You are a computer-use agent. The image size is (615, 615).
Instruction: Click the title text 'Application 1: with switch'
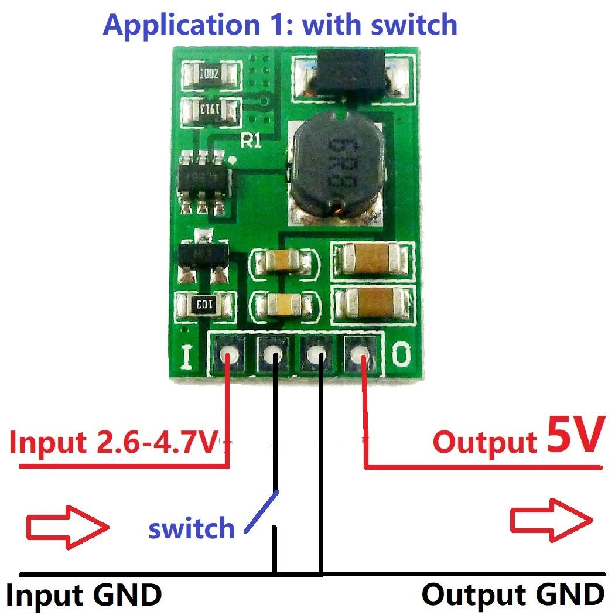[279, 25]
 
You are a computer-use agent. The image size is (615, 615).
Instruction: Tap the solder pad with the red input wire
[228, 354]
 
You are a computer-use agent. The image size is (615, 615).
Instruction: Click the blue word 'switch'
[191, 528]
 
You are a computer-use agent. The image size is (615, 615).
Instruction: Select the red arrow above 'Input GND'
[67, 527]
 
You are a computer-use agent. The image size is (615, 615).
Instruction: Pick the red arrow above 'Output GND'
[551, 520]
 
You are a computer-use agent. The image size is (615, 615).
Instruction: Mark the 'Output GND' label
[512, 595]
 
